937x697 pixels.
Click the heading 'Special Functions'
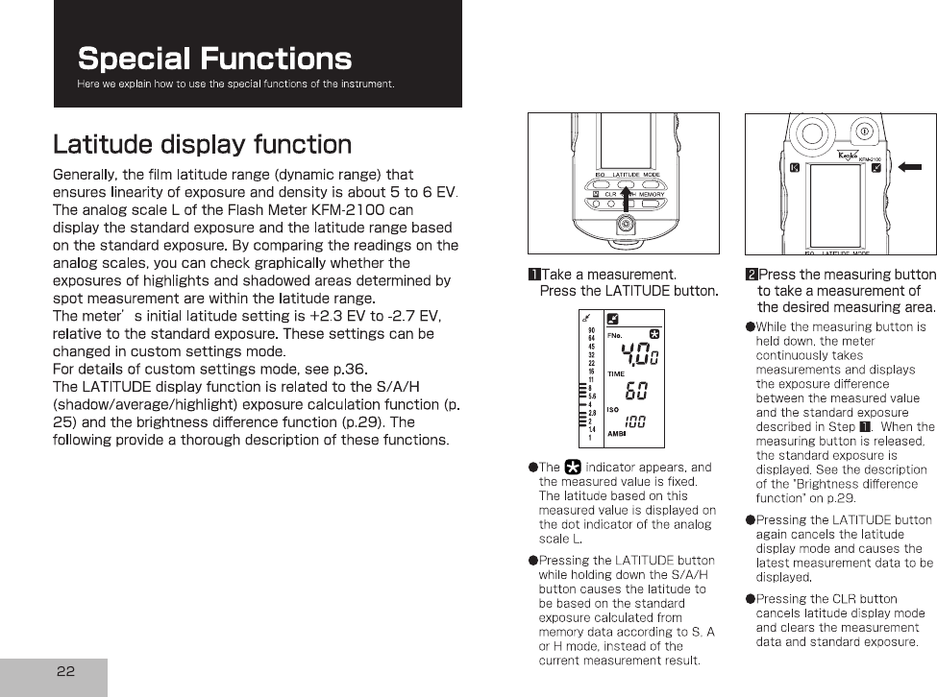[x=214, y=59]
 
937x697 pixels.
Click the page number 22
[x=65, y=671]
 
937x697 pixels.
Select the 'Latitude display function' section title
[x=202, y=145]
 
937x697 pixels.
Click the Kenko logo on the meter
[x=846, y=156]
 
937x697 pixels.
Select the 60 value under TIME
[x=635, y=392]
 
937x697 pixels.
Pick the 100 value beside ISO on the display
[x=635, y=422]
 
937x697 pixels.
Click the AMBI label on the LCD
[x=617, y=433]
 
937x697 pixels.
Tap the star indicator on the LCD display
[x=655, y=333]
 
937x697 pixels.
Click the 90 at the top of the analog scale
[x=591, y=330]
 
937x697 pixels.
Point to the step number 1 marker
[x=533, y=276]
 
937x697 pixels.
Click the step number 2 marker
[x=751, y=276]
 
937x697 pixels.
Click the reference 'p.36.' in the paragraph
[x=349, y=369]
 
